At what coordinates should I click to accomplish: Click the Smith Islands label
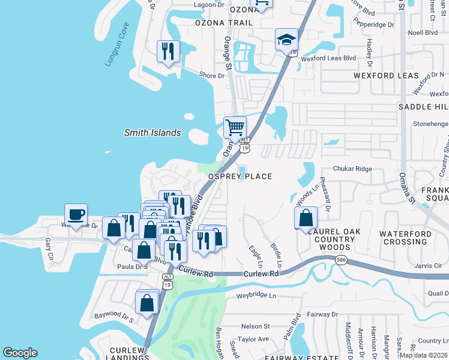coord(152,133)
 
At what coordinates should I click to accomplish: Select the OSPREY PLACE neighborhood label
coord(240,176)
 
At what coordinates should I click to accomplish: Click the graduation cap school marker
coord(286,40)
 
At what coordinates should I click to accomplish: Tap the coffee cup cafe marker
coord(76,215)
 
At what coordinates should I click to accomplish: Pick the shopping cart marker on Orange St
coord(235,127)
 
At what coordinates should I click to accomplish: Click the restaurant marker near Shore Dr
coord(168,51)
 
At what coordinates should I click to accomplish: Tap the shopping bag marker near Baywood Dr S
coord(147,302)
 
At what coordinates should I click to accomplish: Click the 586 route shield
coord(341,260)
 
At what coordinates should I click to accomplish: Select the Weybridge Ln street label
coord(256,296)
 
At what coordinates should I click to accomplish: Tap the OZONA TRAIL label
coord(224,23)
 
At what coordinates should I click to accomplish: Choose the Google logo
coord(20,353)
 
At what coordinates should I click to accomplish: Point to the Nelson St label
coord(255,326)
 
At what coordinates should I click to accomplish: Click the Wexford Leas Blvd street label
coord(328,58)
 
